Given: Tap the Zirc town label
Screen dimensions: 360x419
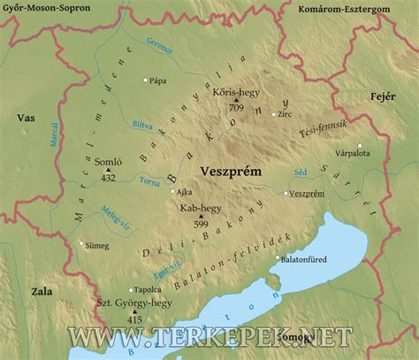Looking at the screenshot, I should (x=285, y=114).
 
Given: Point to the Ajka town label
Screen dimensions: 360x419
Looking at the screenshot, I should (x=184, y=191).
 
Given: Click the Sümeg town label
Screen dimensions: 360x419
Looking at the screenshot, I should (x=98, y=244).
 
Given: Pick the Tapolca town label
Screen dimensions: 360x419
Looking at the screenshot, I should (x=149, y=289).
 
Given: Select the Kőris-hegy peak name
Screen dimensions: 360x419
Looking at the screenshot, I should (x=234, y=93).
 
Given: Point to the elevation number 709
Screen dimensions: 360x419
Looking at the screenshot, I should (x=236, y=107).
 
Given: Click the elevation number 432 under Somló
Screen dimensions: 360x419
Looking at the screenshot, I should (x=108, y=178).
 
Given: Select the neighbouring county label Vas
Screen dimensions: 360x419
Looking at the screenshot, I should (x=25, y=118).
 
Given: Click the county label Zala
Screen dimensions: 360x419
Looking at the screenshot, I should (x=42, y=289).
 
